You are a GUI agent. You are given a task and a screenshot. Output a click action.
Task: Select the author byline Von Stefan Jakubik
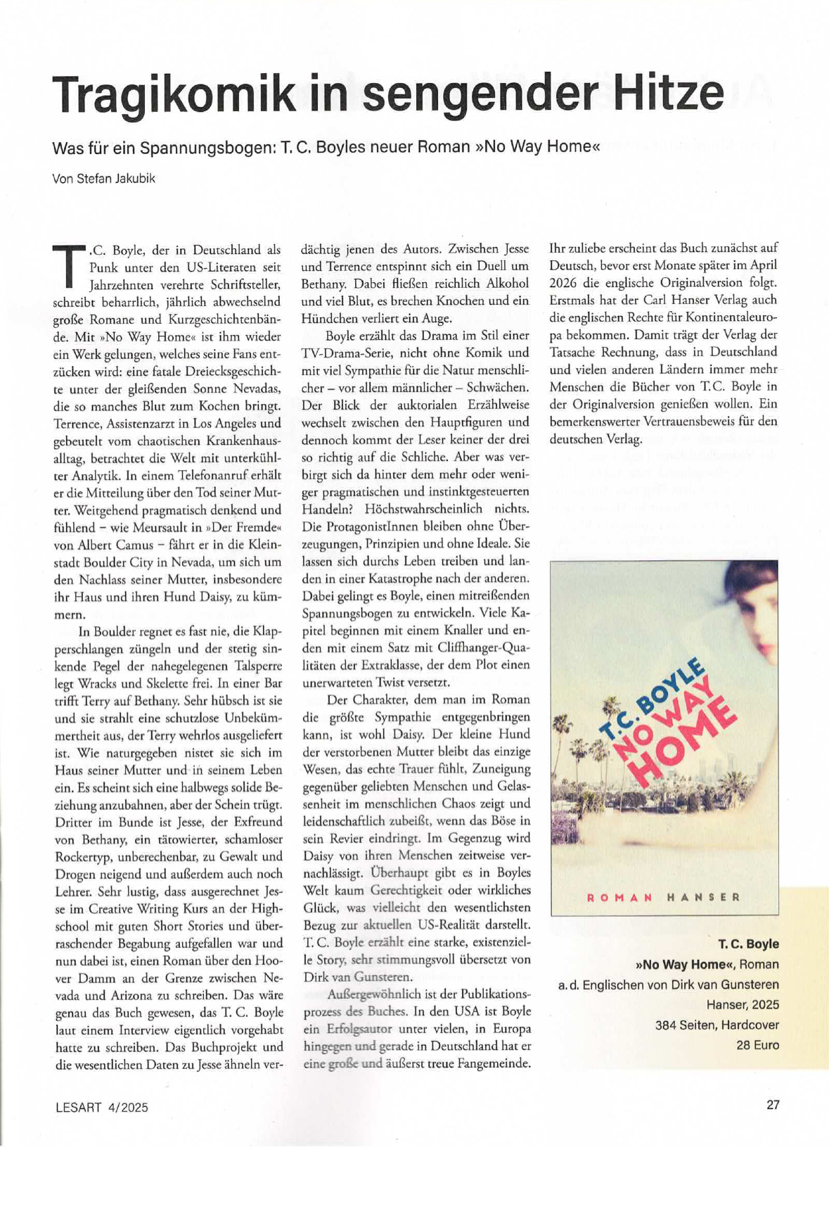point(104,178)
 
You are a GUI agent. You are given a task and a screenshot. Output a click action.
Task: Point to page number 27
point(773,1104)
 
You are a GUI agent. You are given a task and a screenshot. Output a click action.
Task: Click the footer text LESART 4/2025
point(102,1107)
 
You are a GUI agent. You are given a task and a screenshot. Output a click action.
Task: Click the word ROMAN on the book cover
point(619,897)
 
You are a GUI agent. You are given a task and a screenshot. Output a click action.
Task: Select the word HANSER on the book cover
point(703,897)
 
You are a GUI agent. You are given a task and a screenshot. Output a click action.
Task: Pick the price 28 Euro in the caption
point(757,1045)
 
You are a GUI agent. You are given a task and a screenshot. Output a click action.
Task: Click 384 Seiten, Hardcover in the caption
point(716,1025)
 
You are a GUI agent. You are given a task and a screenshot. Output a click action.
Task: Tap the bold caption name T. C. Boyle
point(748,944)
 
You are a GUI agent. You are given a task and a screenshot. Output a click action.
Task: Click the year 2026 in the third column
point(564,283)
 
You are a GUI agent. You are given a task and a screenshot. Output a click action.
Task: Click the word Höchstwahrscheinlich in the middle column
point(424,509)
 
